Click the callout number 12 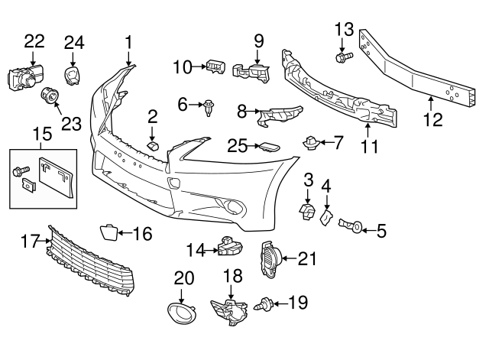pos(432,119)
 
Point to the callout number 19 pos(298,304)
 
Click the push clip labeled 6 pos(209,109)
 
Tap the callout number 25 pos(238,144)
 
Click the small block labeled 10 pos(213,67)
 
